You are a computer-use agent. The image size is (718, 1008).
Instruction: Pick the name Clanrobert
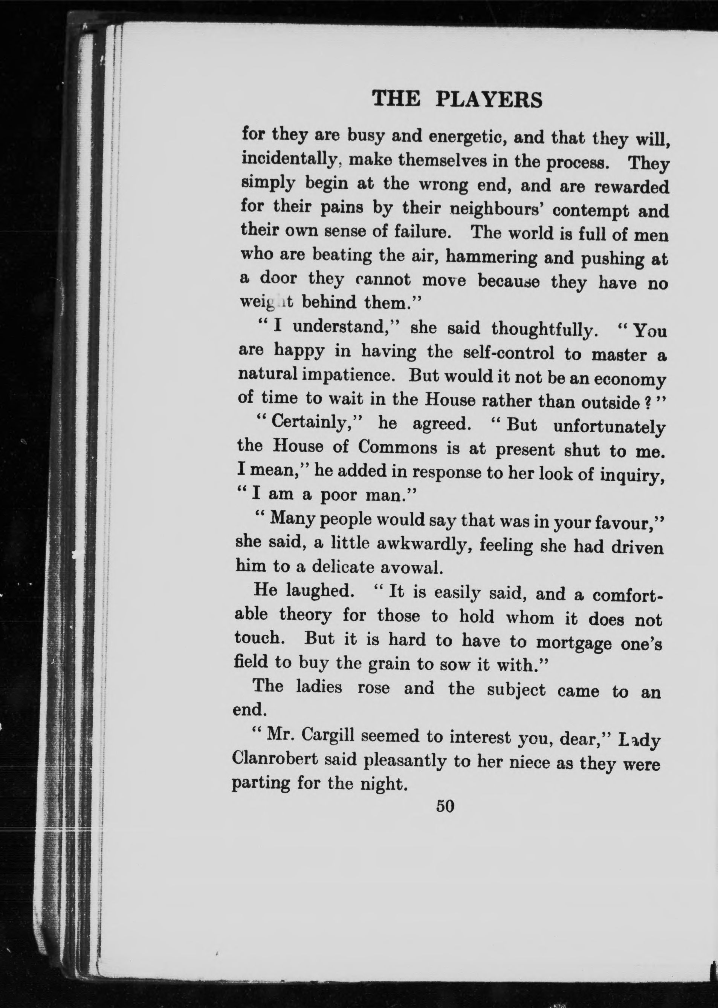(275, 759)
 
